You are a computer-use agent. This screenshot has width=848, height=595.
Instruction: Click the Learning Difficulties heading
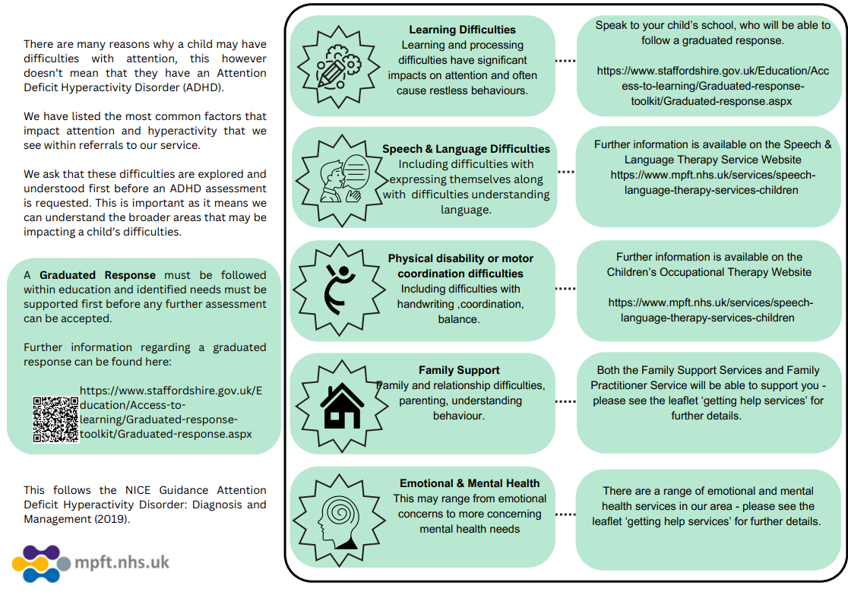click(462, 30)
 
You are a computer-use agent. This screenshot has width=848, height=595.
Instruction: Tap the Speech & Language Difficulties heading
click(466, 149)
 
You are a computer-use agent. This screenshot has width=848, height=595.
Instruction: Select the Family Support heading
click(459, 370)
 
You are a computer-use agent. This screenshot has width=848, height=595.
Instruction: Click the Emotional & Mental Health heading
click(470, 483)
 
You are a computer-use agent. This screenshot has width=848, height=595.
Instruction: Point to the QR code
click(55, 419)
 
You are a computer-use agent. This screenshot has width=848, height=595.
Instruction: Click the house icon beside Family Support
click(342, 406)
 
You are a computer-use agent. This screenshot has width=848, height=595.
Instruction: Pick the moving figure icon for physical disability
click(339, 290)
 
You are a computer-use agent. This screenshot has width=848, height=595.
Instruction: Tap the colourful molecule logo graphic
click(41, 563)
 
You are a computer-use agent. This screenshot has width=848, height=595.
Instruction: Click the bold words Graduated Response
click(97, 275)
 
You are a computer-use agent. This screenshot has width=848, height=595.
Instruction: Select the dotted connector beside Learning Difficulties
click(565, 60)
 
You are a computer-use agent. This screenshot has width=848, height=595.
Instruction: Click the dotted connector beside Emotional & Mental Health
click(565, 514)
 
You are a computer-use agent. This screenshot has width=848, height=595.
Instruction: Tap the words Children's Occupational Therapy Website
click(708, 272)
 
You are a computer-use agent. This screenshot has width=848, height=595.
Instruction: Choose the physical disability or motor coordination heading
click(460, 266)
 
